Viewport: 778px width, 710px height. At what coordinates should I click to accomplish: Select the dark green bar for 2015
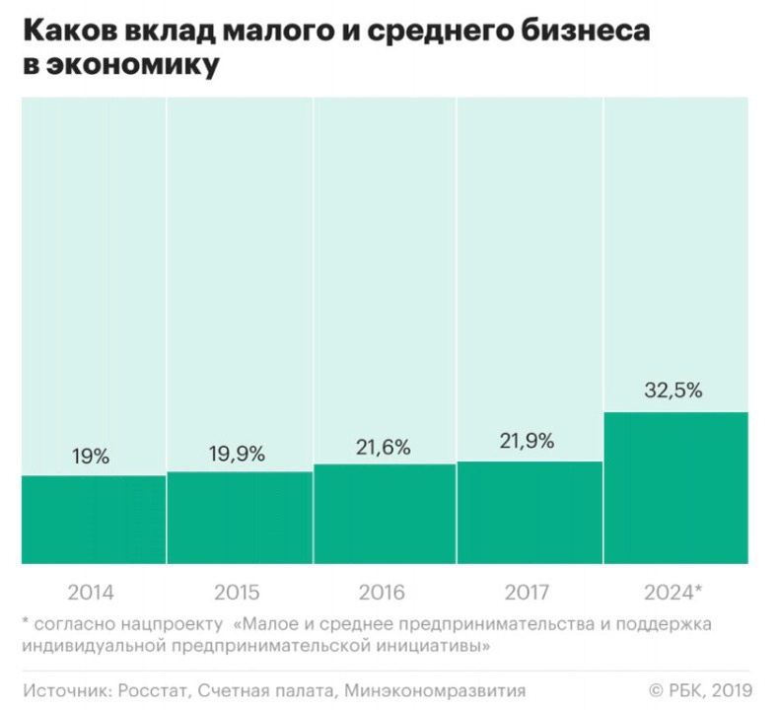[x=239, y=518]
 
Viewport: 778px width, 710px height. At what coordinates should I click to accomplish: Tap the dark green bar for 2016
[x=385, y=514]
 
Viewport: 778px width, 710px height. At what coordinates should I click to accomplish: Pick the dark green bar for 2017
[x=530, y=513]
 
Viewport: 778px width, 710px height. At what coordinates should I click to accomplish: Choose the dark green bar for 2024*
[x=676, y=488]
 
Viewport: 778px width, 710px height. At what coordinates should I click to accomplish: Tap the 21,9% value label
[x=529, y=442]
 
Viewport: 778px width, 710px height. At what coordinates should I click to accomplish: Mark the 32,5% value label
[x=674, y=390]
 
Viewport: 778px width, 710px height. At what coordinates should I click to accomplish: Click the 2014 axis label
[x=91, y=593]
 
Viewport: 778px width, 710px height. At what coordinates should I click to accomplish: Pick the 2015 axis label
[x=237, y=593]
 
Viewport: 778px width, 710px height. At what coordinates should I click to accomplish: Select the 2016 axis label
[x=385, y=593]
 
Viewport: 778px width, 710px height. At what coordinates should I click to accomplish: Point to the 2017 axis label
[x=529, y=593]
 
